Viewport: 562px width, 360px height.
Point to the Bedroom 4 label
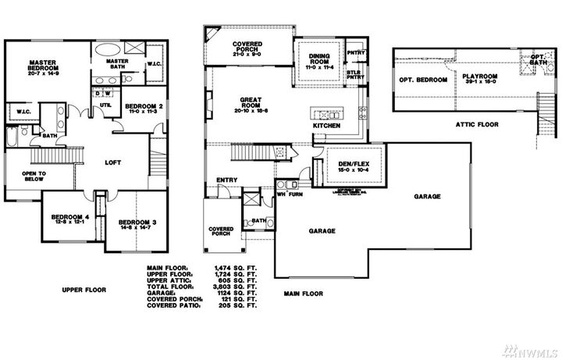69,219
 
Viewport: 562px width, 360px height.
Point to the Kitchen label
326,125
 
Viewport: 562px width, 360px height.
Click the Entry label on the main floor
227,180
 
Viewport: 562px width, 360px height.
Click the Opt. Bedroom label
422,80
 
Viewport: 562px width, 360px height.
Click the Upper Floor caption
84,290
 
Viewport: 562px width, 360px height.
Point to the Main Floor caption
303,294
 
